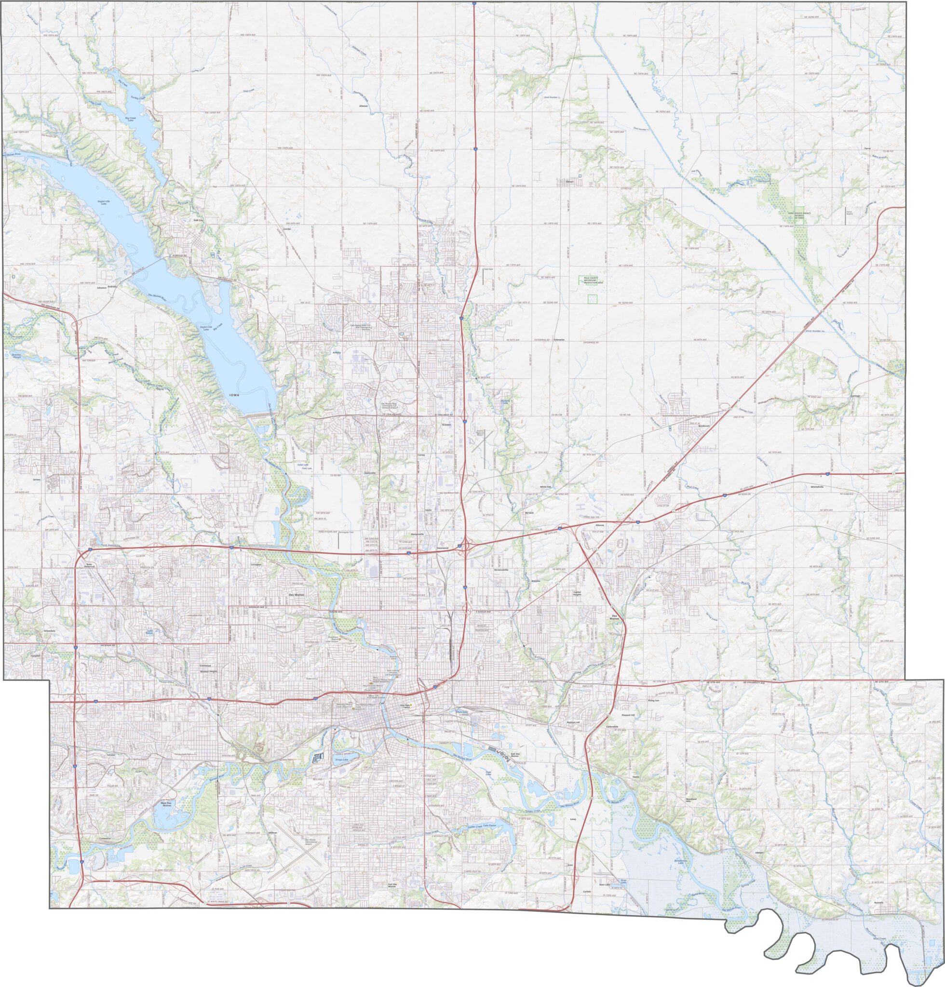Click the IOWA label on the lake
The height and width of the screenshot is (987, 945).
pyautogui.click(x=234, y=396)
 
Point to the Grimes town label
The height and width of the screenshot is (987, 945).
pyautogui.click(x=36, y=480)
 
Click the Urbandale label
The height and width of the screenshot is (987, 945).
pyautogui.click(x=49, y=630)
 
